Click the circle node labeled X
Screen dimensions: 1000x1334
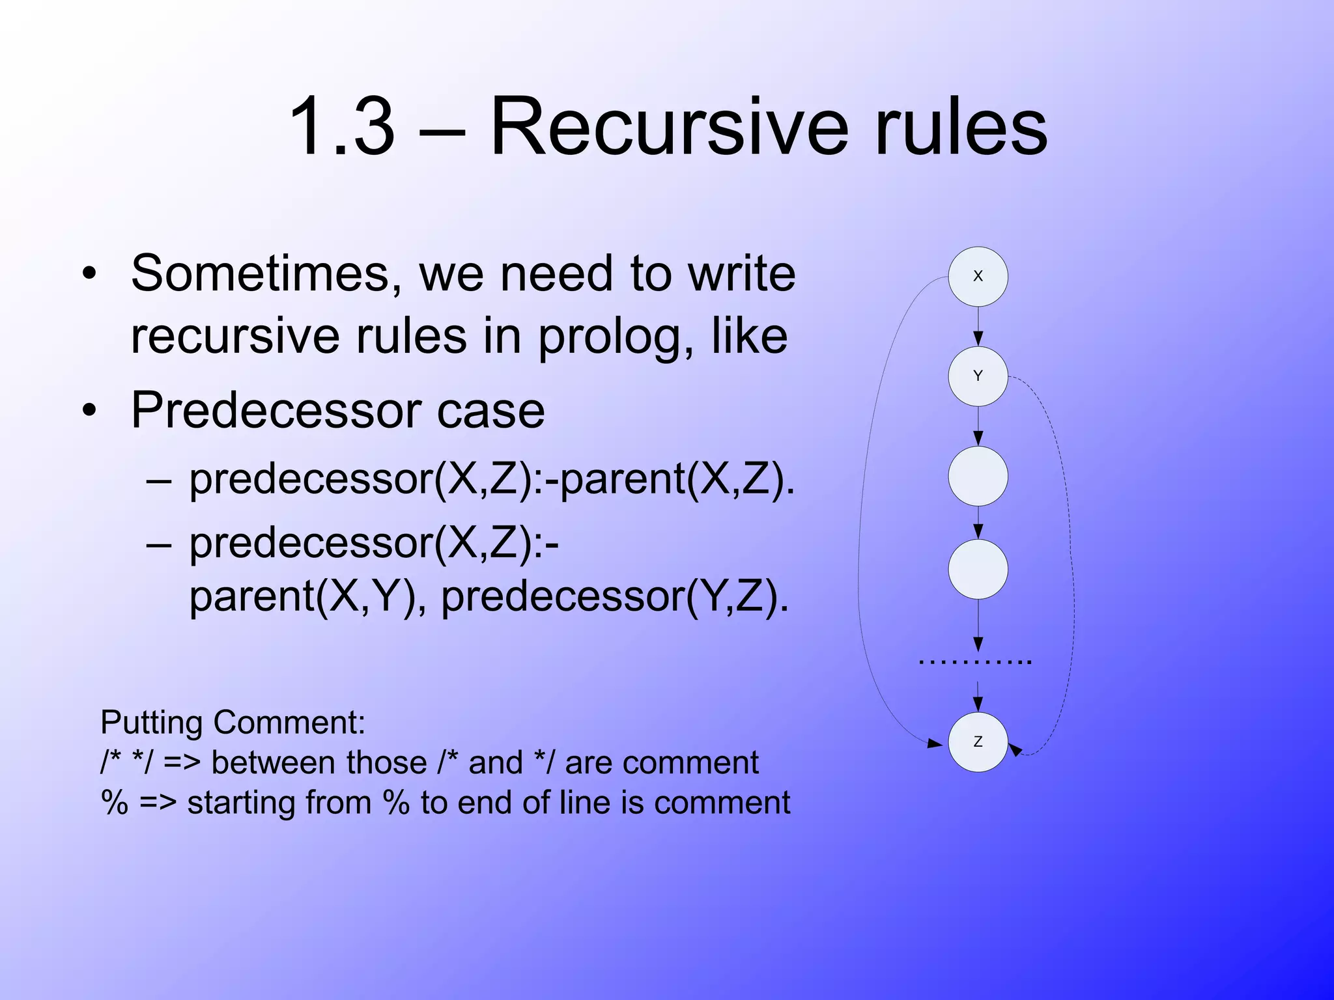(978, 276)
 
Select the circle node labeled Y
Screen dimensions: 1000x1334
(978, 376)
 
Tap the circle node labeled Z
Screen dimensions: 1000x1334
(978, 742)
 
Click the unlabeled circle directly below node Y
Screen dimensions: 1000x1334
(978, 476)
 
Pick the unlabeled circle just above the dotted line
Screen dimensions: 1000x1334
(978, 569)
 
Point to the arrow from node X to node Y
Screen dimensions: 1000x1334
(978, 326)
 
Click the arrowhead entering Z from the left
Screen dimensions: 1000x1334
(935, 743)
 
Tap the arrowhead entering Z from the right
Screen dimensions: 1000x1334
(1015, 749)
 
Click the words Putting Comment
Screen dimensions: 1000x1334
(233, 723)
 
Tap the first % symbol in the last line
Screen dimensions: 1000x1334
(115, 802)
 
